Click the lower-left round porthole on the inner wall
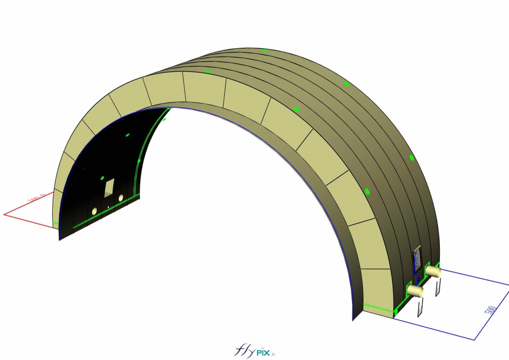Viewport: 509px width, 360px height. coord(94,212)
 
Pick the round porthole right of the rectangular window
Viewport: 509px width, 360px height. coord(121,198)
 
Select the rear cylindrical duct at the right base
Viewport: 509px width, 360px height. coord(433,271)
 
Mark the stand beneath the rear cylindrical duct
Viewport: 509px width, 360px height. coord(438,288)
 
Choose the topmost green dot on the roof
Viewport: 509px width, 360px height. coord(264,50)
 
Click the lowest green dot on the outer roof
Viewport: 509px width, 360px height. coord(367,191)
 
